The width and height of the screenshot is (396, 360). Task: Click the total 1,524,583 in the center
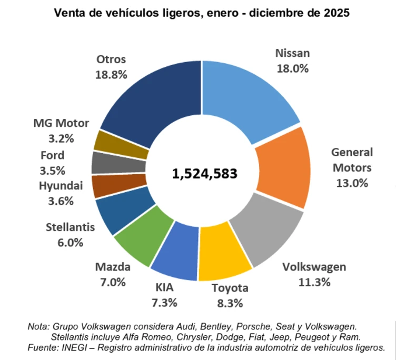(204, 173)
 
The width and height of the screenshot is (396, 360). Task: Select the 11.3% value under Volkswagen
(314, 282)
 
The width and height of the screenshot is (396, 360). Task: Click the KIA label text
(164, 287)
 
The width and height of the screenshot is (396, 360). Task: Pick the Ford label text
(52, 155)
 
